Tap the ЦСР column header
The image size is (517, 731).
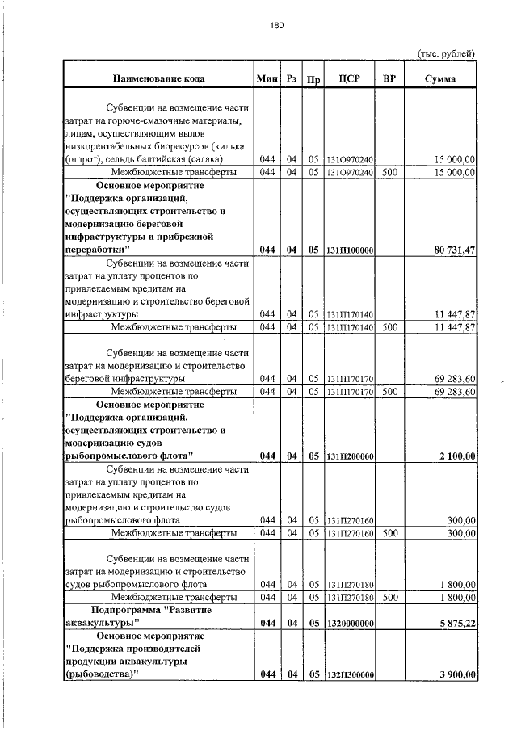[349, 79]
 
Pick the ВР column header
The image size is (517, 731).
[389, 79]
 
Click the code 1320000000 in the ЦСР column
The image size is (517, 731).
[349, 624]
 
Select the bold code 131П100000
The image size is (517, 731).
[349, 251]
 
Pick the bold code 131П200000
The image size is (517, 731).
[349, 457]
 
